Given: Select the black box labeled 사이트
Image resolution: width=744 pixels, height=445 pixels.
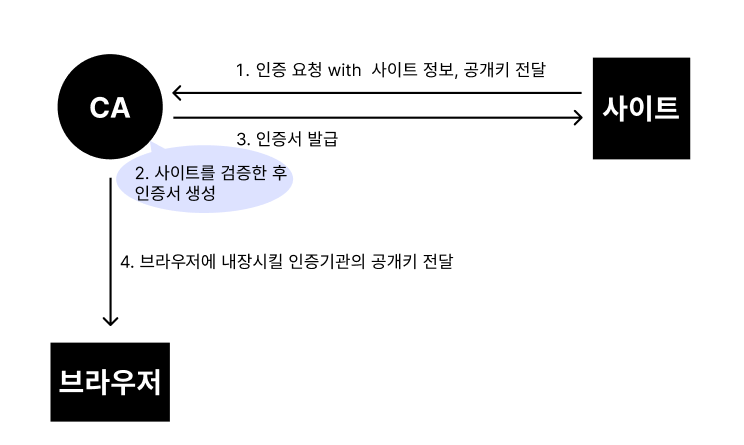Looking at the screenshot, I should (640, 108).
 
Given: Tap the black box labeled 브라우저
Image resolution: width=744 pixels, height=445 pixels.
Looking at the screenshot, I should (110, 382).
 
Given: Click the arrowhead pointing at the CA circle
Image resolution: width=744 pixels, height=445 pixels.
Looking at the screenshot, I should (178, 94).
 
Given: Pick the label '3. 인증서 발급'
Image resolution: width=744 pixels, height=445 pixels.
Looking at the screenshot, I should (287, 139).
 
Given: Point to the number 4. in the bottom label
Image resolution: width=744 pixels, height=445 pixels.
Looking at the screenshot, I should (126, 263).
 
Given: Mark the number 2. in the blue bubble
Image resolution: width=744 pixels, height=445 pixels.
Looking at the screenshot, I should (141, 173).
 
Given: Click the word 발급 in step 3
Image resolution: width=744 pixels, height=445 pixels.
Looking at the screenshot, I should (318, 139).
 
